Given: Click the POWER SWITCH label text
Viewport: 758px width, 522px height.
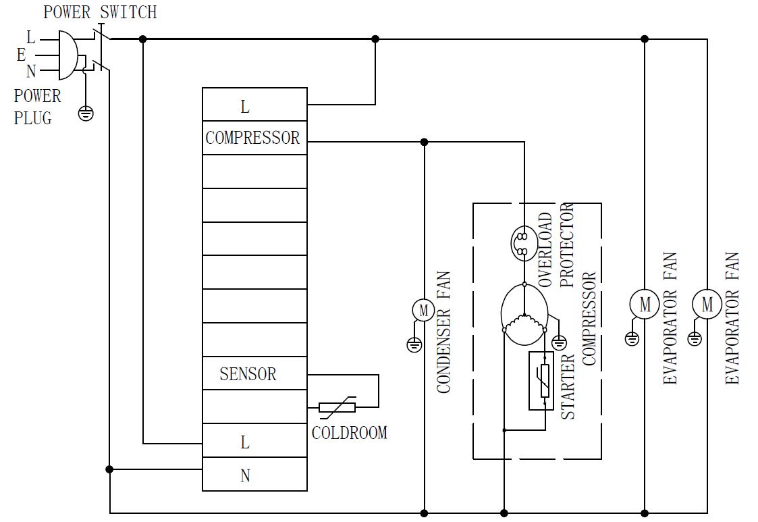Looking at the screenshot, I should pyautogui.click(x=100, y=12).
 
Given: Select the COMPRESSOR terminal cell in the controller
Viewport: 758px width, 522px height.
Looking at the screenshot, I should pyautogui.click(x=253, y=138).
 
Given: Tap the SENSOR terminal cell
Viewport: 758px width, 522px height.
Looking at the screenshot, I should pyautogui.click(x=248, y=373).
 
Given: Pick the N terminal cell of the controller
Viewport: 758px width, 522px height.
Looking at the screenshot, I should pyautogui.click(x=246, y=475).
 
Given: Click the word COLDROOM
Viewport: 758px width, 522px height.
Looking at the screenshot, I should pyautogui.click(x=350, y=432).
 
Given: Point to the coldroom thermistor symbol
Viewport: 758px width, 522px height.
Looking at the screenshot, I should pyautogui.click(x=337, y=407).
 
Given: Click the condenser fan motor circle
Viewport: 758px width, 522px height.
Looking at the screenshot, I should pyautogui.click(x=424, y=310).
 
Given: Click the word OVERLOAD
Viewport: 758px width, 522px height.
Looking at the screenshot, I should pyautogui.click(x=545, y=250).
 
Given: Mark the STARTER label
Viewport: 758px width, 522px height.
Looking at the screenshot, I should pyautogui.click(x=568, y=386).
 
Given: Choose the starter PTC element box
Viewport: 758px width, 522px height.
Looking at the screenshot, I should pyautogui.click(x=541, y=381).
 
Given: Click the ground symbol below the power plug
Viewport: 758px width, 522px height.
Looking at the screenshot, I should pyautogui.click(x=86, y=113).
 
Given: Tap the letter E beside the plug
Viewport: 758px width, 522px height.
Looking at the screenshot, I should pyautogui.click(x=22, y=55).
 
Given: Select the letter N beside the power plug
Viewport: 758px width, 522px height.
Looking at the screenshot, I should pyautogui.click(x=31, y=71).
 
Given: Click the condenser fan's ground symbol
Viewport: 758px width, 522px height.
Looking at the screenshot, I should pyautogui.click(x=414, y=345).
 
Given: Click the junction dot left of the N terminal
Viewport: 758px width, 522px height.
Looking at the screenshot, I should pyautogui.click(x=110, y=469).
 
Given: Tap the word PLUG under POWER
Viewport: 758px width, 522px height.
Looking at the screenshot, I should pyautogui.click(x=32, y=118).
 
